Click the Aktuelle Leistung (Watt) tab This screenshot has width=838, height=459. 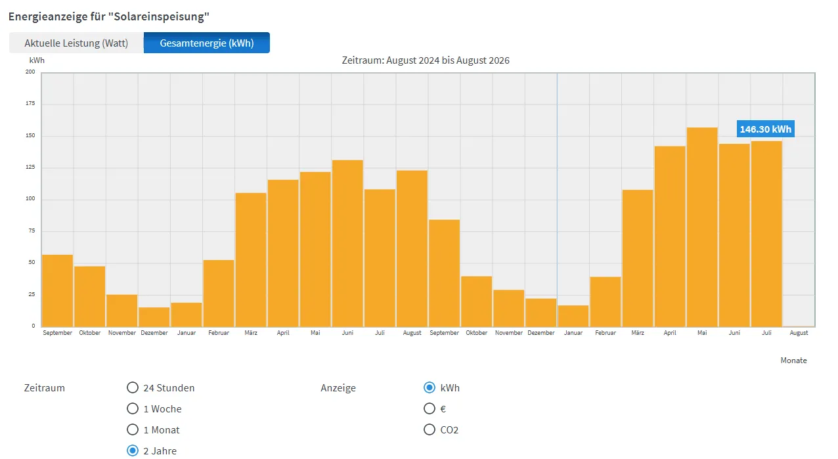coord(76,43)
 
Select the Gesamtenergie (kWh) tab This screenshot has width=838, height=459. coord(206,43)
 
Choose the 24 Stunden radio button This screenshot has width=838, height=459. coord(133,387)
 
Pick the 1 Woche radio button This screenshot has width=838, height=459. coord(133,408)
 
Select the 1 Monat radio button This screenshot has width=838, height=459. coord(133,429)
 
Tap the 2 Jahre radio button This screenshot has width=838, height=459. coord(133,450)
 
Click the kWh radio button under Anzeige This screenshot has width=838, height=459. coord(430,387)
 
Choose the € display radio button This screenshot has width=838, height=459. coord(430,408)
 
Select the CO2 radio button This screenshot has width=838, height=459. coord(430,429)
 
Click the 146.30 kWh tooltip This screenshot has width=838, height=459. coord(765,129)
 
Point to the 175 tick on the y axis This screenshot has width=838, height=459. coord(30,103)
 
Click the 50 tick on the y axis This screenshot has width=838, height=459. coord(32,262)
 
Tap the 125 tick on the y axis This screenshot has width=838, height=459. coord(30,167)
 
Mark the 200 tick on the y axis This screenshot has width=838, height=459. coord(30,72)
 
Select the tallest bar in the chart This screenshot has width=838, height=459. coord(702,227)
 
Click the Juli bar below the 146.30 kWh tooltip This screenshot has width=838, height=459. coord(766,234)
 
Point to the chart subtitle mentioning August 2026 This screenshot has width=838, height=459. coord(426,60)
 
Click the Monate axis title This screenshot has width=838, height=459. coord(793,361)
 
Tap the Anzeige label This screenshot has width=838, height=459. coord(338,388)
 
